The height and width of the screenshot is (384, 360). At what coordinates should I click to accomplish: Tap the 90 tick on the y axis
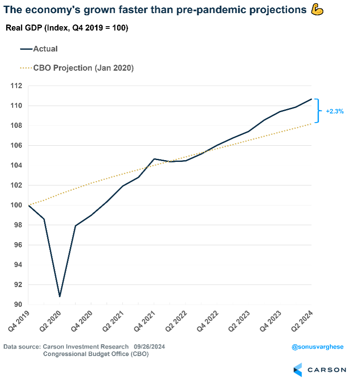tap(17, 305)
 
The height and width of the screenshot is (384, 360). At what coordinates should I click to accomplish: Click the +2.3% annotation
tap(335, 111)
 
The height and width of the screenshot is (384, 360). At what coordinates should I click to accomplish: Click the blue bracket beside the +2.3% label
tap(319, 111)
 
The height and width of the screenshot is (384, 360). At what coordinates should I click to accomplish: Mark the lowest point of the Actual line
tap(60, 297)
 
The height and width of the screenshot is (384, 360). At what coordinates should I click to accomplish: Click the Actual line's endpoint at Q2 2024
tap(311, 99)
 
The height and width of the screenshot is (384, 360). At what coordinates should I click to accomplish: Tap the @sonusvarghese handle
tap(317, 347)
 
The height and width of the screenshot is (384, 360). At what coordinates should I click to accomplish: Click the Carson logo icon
tap(298, 370)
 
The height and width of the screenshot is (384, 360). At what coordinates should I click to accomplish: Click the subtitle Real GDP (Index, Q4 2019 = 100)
tap(67, 28)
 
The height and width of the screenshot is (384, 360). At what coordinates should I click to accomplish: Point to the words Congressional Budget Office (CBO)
tap(96, 354)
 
